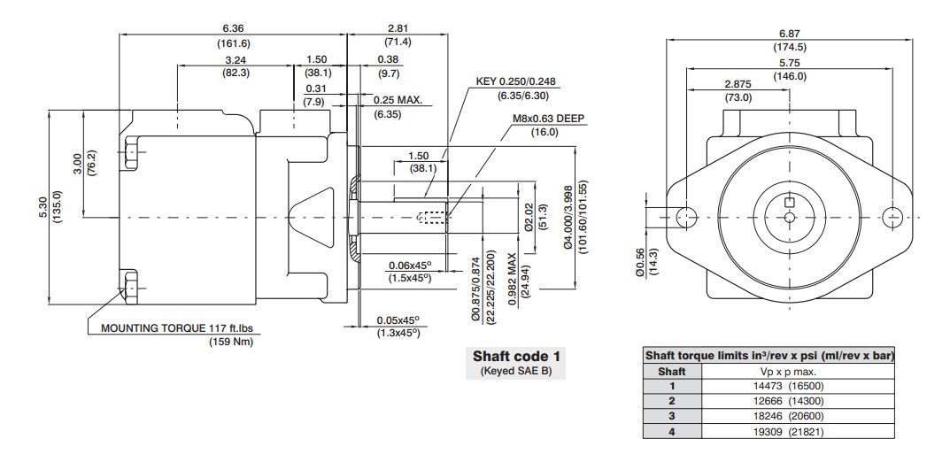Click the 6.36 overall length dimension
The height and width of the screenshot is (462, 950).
pos(233,28)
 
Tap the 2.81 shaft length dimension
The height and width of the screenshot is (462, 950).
pos(398,28)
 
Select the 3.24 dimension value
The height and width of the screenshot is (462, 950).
pos(236,60)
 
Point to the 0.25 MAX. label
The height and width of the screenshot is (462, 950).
pos(398,100)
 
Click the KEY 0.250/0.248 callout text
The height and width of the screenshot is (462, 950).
pos(515,81)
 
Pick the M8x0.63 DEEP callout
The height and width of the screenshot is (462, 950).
pos(549,119)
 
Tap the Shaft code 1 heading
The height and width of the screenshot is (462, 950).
pos(515,356)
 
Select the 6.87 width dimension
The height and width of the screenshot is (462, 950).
pos(790,34)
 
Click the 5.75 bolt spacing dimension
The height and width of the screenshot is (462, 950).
pos(790,62)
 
